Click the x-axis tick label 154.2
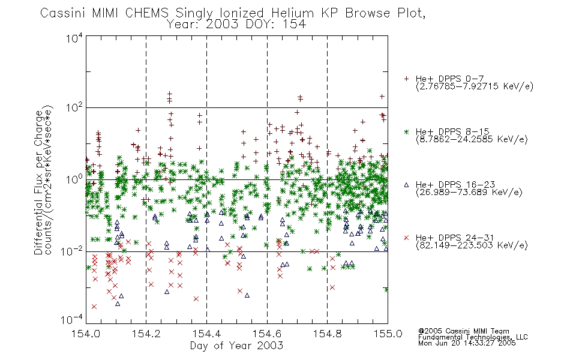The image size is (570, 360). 146,334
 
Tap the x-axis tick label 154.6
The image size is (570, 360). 267,334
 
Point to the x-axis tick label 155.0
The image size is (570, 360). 388,334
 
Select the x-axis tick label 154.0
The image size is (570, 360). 86,334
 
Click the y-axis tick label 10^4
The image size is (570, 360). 74,38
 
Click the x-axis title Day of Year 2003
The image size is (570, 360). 236,346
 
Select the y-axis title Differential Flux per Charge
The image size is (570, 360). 38,182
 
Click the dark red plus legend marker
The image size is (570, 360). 406,79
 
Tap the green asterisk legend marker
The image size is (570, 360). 406,131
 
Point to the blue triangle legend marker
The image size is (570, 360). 406,185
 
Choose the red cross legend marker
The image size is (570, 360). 406,238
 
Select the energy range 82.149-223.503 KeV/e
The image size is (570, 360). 472,245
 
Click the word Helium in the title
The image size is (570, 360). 292,13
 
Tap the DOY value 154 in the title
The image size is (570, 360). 295,25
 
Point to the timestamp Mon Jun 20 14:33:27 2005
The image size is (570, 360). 467,343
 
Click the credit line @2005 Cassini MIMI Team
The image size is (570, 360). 463,331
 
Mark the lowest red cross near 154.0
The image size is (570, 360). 94,307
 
